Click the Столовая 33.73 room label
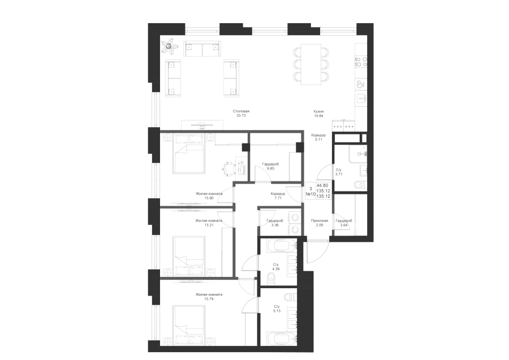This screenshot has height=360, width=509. point(241,113)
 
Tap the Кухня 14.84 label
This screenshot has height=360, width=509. point(318,113)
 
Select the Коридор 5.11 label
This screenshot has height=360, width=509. point(318,137)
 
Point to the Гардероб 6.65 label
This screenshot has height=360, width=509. point(270,166)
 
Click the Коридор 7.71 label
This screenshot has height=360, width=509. point(278,196)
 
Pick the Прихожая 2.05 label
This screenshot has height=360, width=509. point(319,223)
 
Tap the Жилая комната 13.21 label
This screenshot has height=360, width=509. point(209,223)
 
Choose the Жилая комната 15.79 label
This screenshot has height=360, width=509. point(209,297)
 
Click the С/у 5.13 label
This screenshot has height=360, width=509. point(277,309)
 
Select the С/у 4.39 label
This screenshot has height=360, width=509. point(276,267)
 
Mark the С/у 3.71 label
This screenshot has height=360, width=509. point(339,172)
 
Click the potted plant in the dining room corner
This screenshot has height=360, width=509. point(169,46)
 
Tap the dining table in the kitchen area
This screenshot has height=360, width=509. point(311,64)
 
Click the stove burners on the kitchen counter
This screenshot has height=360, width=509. point(361,62)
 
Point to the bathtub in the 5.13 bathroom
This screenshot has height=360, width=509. point(282,339)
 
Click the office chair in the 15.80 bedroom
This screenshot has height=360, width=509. point(228,169)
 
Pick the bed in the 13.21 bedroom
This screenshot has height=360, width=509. point(189,252)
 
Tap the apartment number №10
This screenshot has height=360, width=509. point(310,194)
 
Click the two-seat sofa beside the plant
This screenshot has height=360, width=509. point(202,49)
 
